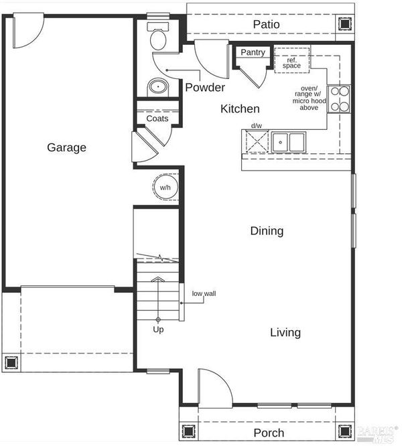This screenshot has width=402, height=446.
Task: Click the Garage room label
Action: point(66,147)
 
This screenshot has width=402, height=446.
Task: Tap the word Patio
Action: point(266,25)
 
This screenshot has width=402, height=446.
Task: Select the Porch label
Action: point(269,433)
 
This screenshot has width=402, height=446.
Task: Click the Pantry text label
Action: point(253,52)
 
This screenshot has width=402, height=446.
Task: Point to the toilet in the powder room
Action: point(158,36)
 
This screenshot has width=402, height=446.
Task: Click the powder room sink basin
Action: point(158,87)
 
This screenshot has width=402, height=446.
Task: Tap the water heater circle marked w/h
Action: point(165,187)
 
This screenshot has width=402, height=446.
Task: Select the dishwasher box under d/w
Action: point(257,141)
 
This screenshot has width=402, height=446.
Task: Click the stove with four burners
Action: point(339,99)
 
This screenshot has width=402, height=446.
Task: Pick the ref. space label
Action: point(291,63)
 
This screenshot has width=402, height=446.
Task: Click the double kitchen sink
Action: point(288,142)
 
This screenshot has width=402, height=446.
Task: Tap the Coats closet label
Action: point(157,119)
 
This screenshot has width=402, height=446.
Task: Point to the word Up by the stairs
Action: point(158,329)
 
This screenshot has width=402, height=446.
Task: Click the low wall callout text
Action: point(204,293)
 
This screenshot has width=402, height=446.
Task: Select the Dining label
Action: point(267,231)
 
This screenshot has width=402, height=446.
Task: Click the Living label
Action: point(285,333)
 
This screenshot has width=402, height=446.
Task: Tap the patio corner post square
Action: point(345,24)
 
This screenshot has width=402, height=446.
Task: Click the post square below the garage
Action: point(11,363)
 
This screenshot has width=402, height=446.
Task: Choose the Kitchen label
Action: point(240,109)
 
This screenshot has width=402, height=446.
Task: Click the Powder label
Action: point(205,88)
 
